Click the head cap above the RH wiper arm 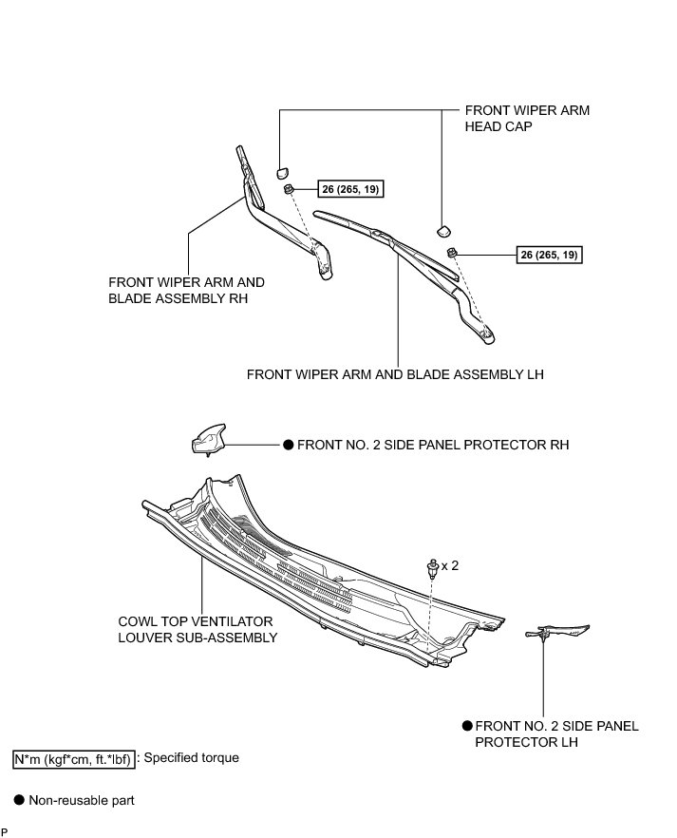click(x=282, y=172)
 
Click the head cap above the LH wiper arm click(x=443, y=230)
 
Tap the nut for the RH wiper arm click(x=289, y=189)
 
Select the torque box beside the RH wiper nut click(x=350, y=189)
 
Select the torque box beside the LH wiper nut click(x=550, y=255)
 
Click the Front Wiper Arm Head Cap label click(x=527, y=118)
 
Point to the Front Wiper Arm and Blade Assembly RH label click(x=186, y=290)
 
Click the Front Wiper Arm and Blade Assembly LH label click(x=395, y=374)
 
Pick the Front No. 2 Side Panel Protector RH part click(x=208, y=439)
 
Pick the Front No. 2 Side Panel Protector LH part click(x=556, y=632)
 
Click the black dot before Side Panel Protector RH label click(x=289, y=445)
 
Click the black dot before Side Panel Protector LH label click(x=468, y=726)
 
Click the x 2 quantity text click(x=449, y=565)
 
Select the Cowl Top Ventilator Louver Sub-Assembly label click(x=197, y=629)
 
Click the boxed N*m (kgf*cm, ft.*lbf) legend click(x=74, y=759)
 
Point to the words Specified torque click(x=192, y=758)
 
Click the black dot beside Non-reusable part click(x=19, y=800)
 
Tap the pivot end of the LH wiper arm click(x=486, y=335)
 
